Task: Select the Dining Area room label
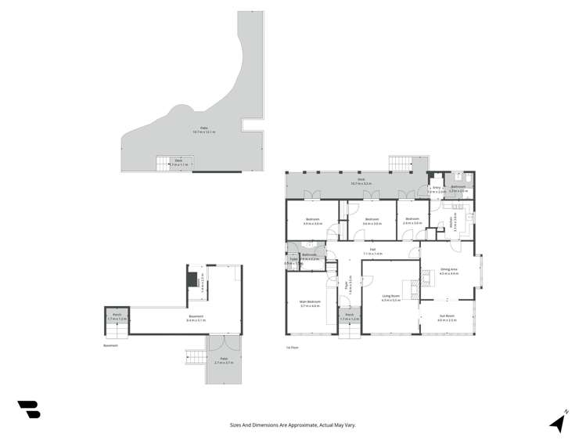(448, 271)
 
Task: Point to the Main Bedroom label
(311, 303)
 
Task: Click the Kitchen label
(451, 220)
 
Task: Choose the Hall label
(373, 252)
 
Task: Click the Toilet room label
(289, 263)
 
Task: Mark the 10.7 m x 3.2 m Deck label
(361, 181)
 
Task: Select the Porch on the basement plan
(116, 318)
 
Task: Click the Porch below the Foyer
(350, 318)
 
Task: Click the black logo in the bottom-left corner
(28, 409)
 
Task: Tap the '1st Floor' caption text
(293, 346)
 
